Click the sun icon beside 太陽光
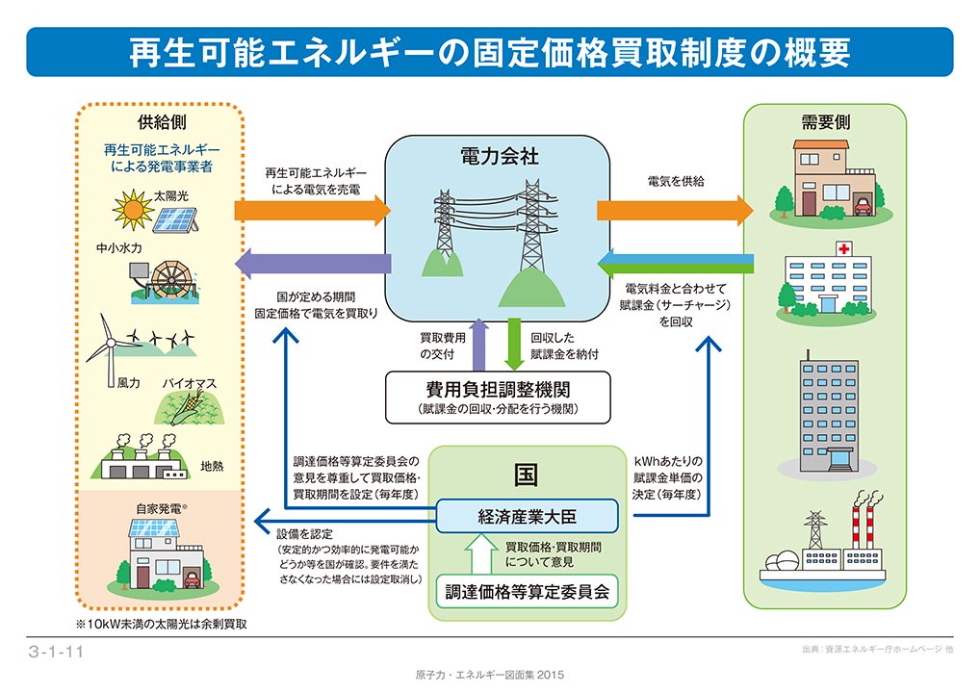pyautogui.click(x=133, y=210)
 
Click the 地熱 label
pyautogui.click(x=212, y=466)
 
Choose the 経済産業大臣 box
pyautogui.click(x=527, y=516)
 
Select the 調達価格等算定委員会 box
pyautogui.click(x=527, y=591)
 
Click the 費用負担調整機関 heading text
pyautogui.click(x=498, y=390)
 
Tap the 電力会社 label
pyautogui.click(x=499, y=156)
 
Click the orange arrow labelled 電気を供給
pyautogui.click(x=675, y=210)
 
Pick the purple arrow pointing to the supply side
pyautogui.click(x=313, y=263)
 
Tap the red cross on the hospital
pyautogui.click(x=843, y=248)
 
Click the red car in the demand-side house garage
pyautogui.click(x=862, y=206)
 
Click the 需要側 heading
pyautogui.click(x=825, y=122)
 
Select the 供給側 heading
pyautogui.click(x=162, y=122)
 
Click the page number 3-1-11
pyautogui.click(x=56, y=652)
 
